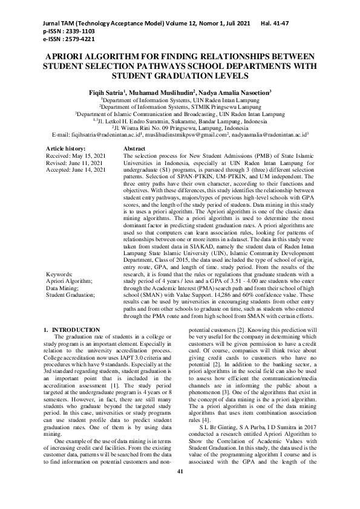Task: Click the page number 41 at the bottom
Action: point(180,488)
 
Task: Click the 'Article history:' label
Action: point(66,148)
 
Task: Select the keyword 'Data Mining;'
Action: point(65,288)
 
